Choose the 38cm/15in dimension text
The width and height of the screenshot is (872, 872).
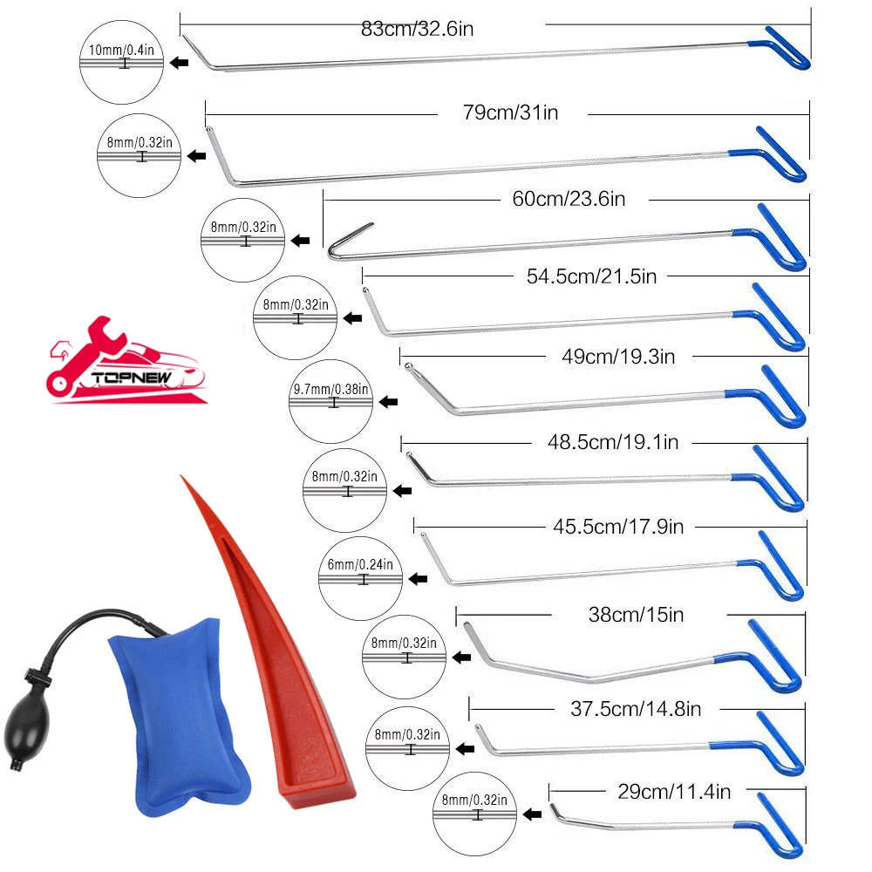(x=636, y=615)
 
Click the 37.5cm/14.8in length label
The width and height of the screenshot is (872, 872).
(x=630, y=709)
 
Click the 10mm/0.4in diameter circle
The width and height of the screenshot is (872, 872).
(x=122, y=63)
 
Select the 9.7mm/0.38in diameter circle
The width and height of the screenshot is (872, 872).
(x=331, y=401)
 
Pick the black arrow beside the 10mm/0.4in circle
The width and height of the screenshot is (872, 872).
(x=181, y=63)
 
